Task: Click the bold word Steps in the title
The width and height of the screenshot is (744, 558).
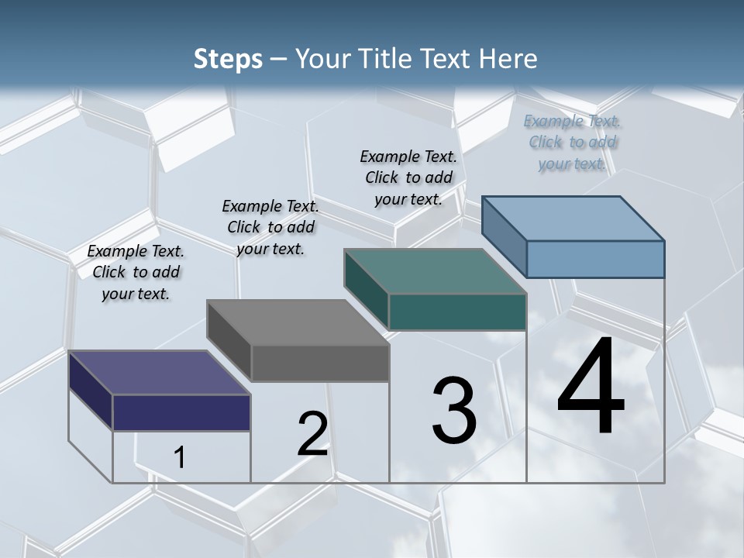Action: (x=228, y=59)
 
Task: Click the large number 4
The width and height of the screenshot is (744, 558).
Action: (x=591, y=387)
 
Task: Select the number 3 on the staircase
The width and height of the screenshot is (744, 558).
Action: (x=453, y=411)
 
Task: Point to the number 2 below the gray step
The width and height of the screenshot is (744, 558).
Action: (x=312, y=434)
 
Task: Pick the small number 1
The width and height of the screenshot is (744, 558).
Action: (x=179, y=458)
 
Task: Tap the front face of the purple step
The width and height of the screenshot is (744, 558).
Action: (x=181, y=412)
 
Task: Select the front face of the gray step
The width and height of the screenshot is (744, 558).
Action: (x=320, y=363)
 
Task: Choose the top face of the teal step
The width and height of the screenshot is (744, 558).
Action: (x=435, y=271)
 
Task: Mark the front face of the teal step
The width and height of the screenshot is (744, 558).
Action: (x=457, y=312)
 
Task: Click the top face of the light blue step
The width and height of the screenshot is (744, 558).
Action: (x=573, y=218)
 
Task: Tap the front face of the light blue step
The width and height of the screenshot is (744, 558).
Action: (x=595, y=259)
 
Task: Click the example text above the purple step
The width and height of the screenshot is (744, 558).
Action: (x=136, y=272)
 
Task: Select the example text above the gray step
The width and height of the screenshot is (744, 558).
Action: (x=270, y=227)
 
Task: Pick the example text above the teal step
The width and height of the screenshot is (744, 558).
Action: (x=408, y=177)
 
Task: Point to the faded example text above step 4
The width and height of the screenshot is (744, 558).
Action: (x=572, y=142)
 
